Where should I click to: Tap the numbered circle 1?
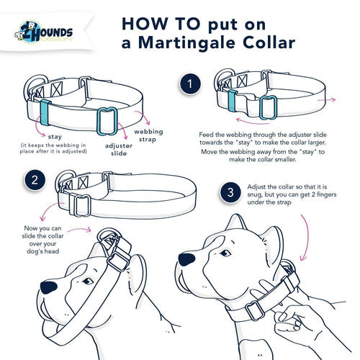[x=190, y=85]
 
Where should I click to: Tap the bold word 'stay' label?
[x=54, y=135]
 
